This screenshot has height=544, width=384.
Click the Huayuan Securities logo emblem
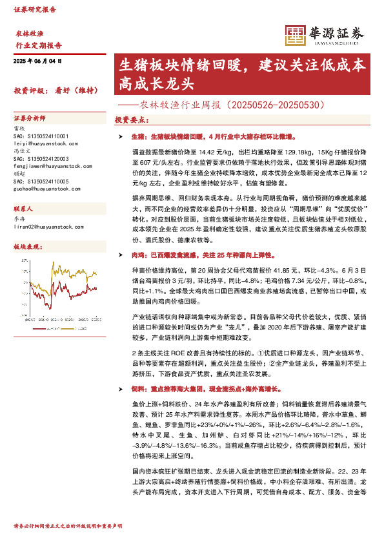click(x=296, y=35)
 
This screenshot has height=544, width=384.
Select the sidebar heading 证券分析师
click(x=30, y=119)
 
